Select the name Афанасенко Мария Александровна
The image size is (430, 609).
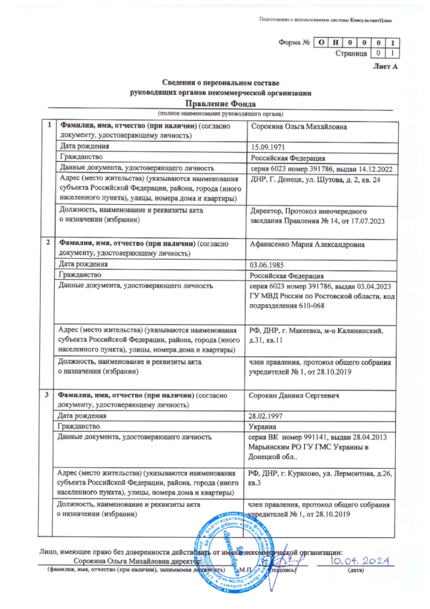click(x=307, y=245)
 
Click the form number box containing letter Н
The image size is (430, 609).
click(x=336, y=42)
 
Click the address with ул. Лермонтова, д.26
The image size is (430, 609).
click(x=317, y=477)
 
